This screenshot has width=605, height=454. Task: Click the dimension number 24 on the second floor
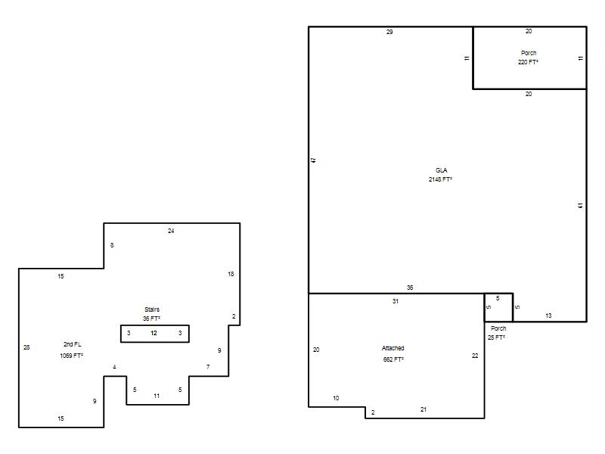click(171, 231)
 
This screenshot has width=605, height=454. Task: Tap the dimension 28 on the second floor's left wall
click(26, 347)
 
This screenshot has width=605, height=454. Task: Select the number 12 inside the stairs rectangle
click(154, 333)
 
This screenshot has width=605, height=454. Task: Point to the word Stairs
click(152, 309)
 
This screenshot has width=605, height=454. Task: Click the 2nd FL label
click(72, 344)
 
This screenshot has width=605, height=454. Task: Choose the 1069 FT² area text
click(71, 356)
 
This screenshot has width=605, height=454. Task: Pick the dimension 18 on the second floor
click(231, 274)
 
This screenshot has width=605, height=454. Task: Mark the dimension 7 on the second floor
click(208, 367)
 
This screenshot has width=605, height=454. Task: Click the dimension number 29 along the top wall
click(389, 32)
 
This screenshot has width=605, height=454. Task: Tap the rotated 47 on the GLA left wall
click(313, 160)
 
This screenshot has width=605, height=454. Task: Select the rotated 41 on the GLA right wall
click(580, 206)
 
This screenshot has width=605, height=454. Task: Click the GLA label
click(442, 170)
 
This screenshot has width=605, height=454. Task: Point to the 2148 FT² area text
click(440, 179)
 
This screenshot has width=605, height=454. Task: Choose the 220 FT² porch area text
click(528, 62)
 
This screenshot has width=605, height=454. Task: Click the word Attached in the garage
click(392, 348)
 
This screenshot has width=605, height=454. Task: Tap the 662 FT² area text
click(393, 359)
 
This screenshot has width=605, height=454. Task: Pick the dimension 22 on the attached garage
click(475, 356)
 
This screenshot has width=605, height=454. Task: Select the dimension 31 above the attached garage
click(396, 301)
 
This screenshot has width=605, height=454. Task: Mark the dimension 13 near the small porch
click(548, 316)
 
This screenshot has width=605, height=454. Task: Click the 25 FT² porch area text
click(496, 337)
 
